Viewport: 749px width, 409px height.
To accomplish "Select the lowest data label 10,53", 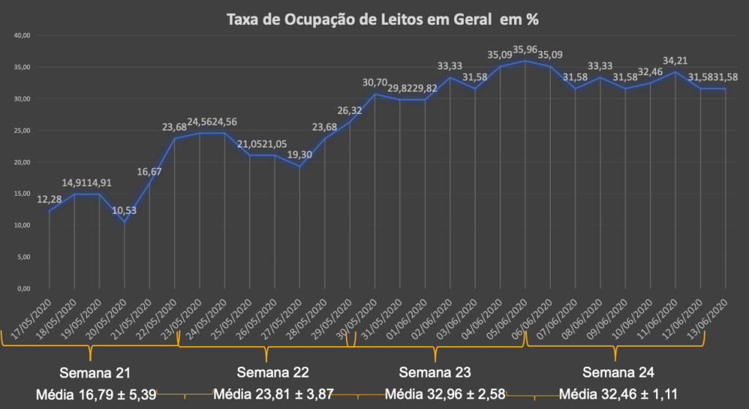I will tap(124, 211).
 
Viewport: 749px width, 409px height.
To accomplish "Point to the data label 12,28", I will tap(49, 199).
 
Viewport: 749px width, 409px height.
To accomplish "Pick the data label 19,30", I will tap(299, 155).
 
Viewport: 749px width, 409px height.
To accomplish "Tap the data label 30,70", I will tap(374, 83).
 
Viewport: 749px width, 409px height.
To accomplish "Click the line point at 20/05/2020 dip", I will tap(124, 222).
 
